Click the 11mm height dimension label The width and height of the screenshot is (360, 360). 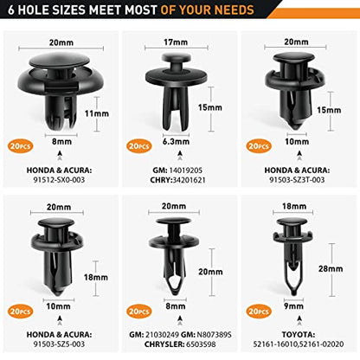(97, 113)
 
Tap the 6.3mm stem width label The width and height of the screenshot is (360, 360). (176, 142)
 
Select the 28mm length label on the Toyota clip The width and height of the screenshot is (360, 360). (331, 269)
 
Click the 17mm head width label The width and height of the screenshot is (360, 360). (176, 42)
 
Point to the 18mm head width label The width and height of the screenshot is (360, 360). (294, 206)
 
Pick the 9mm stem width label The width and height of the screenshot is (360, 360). (293, 305)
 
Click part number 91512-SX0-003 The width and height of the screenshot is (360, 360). (59, 180)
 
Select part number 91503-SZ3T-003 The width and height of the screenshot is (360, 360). (297, 180)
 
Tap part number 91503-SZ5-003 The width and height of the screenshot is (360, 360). (59, 344)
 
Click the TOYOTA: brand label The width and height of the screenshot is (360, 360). (299, 335)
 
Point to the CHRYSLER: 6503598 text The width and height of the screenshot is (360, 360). (180, 344)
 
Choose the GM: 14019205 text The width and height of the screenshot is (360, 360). (177, 170)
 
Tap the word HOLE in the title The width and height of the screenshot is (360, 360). (33, 10)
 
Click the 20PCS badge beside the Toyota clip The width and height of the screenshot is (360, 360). (259, 312)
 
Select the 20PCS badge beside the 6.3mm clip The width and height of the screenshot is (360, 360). (139, 146)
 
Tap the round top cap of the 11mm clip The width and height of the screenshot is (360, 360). (59, 60)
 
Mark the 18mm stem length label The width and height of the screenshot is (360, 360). (96, 278)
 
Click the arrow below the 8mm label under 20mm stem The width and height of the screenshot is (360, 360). (180, 318)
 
